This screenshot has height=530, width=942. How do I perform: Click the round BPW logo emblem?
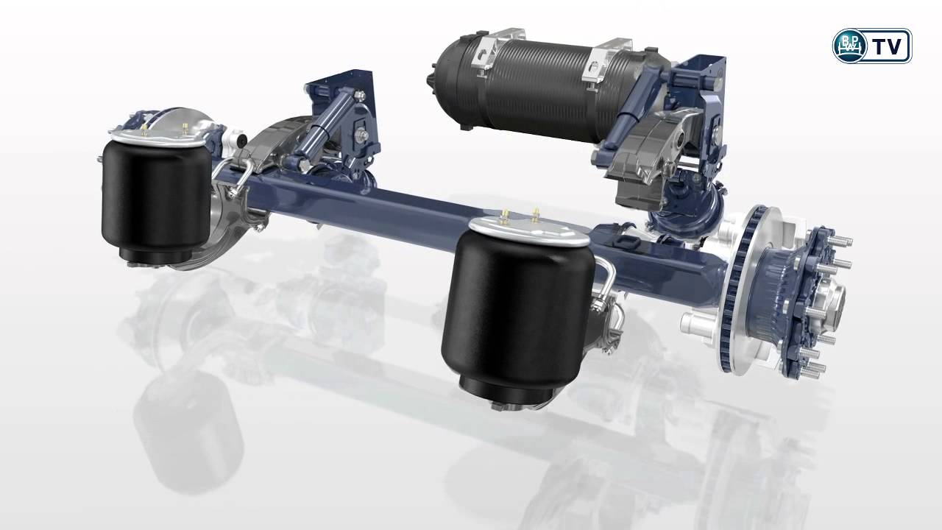coord(850,46)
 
